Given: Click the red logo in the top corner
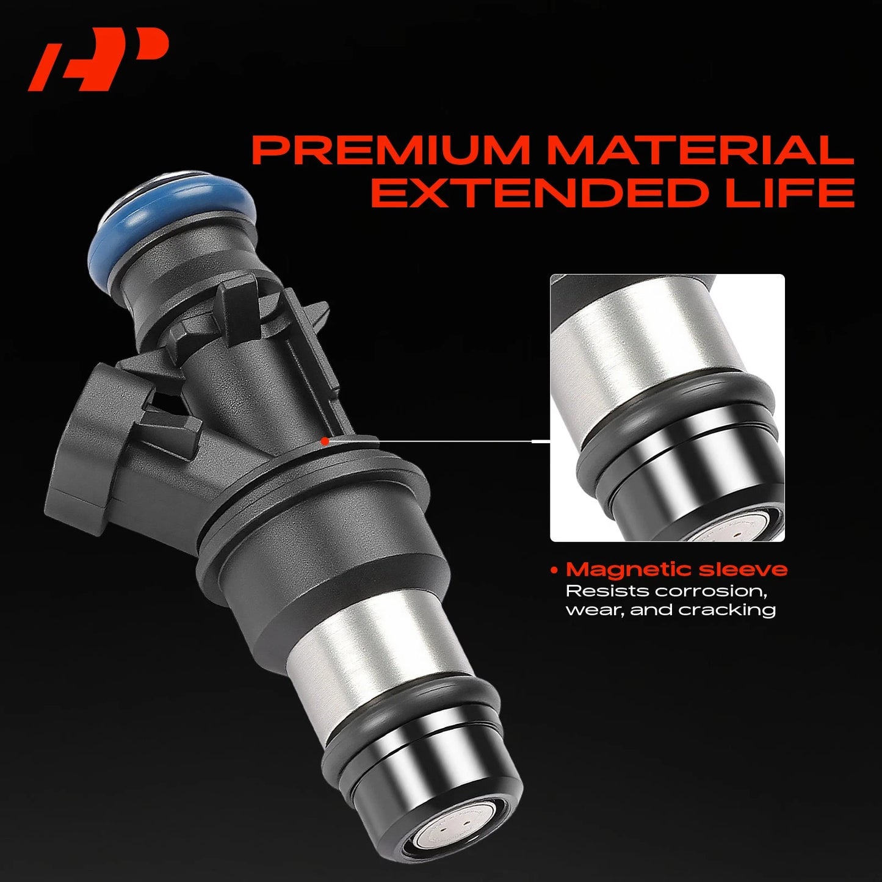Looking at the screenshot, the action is coord(98,59).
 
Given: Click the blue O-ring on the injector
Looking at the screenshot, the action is coord(174,215).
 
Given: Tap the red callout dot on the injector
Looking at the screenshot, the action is coord(325,441).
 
